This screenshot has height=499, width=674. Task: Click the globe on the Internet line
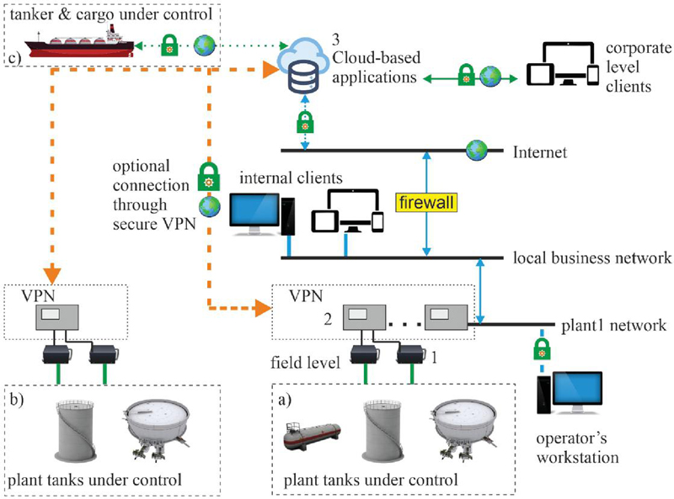477,151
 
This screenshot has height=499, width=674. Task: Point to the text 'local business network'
592,258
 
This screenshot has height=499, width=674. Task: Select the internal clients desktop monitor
255,214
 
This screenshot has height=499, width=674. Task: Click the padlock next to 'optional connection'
208,178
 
